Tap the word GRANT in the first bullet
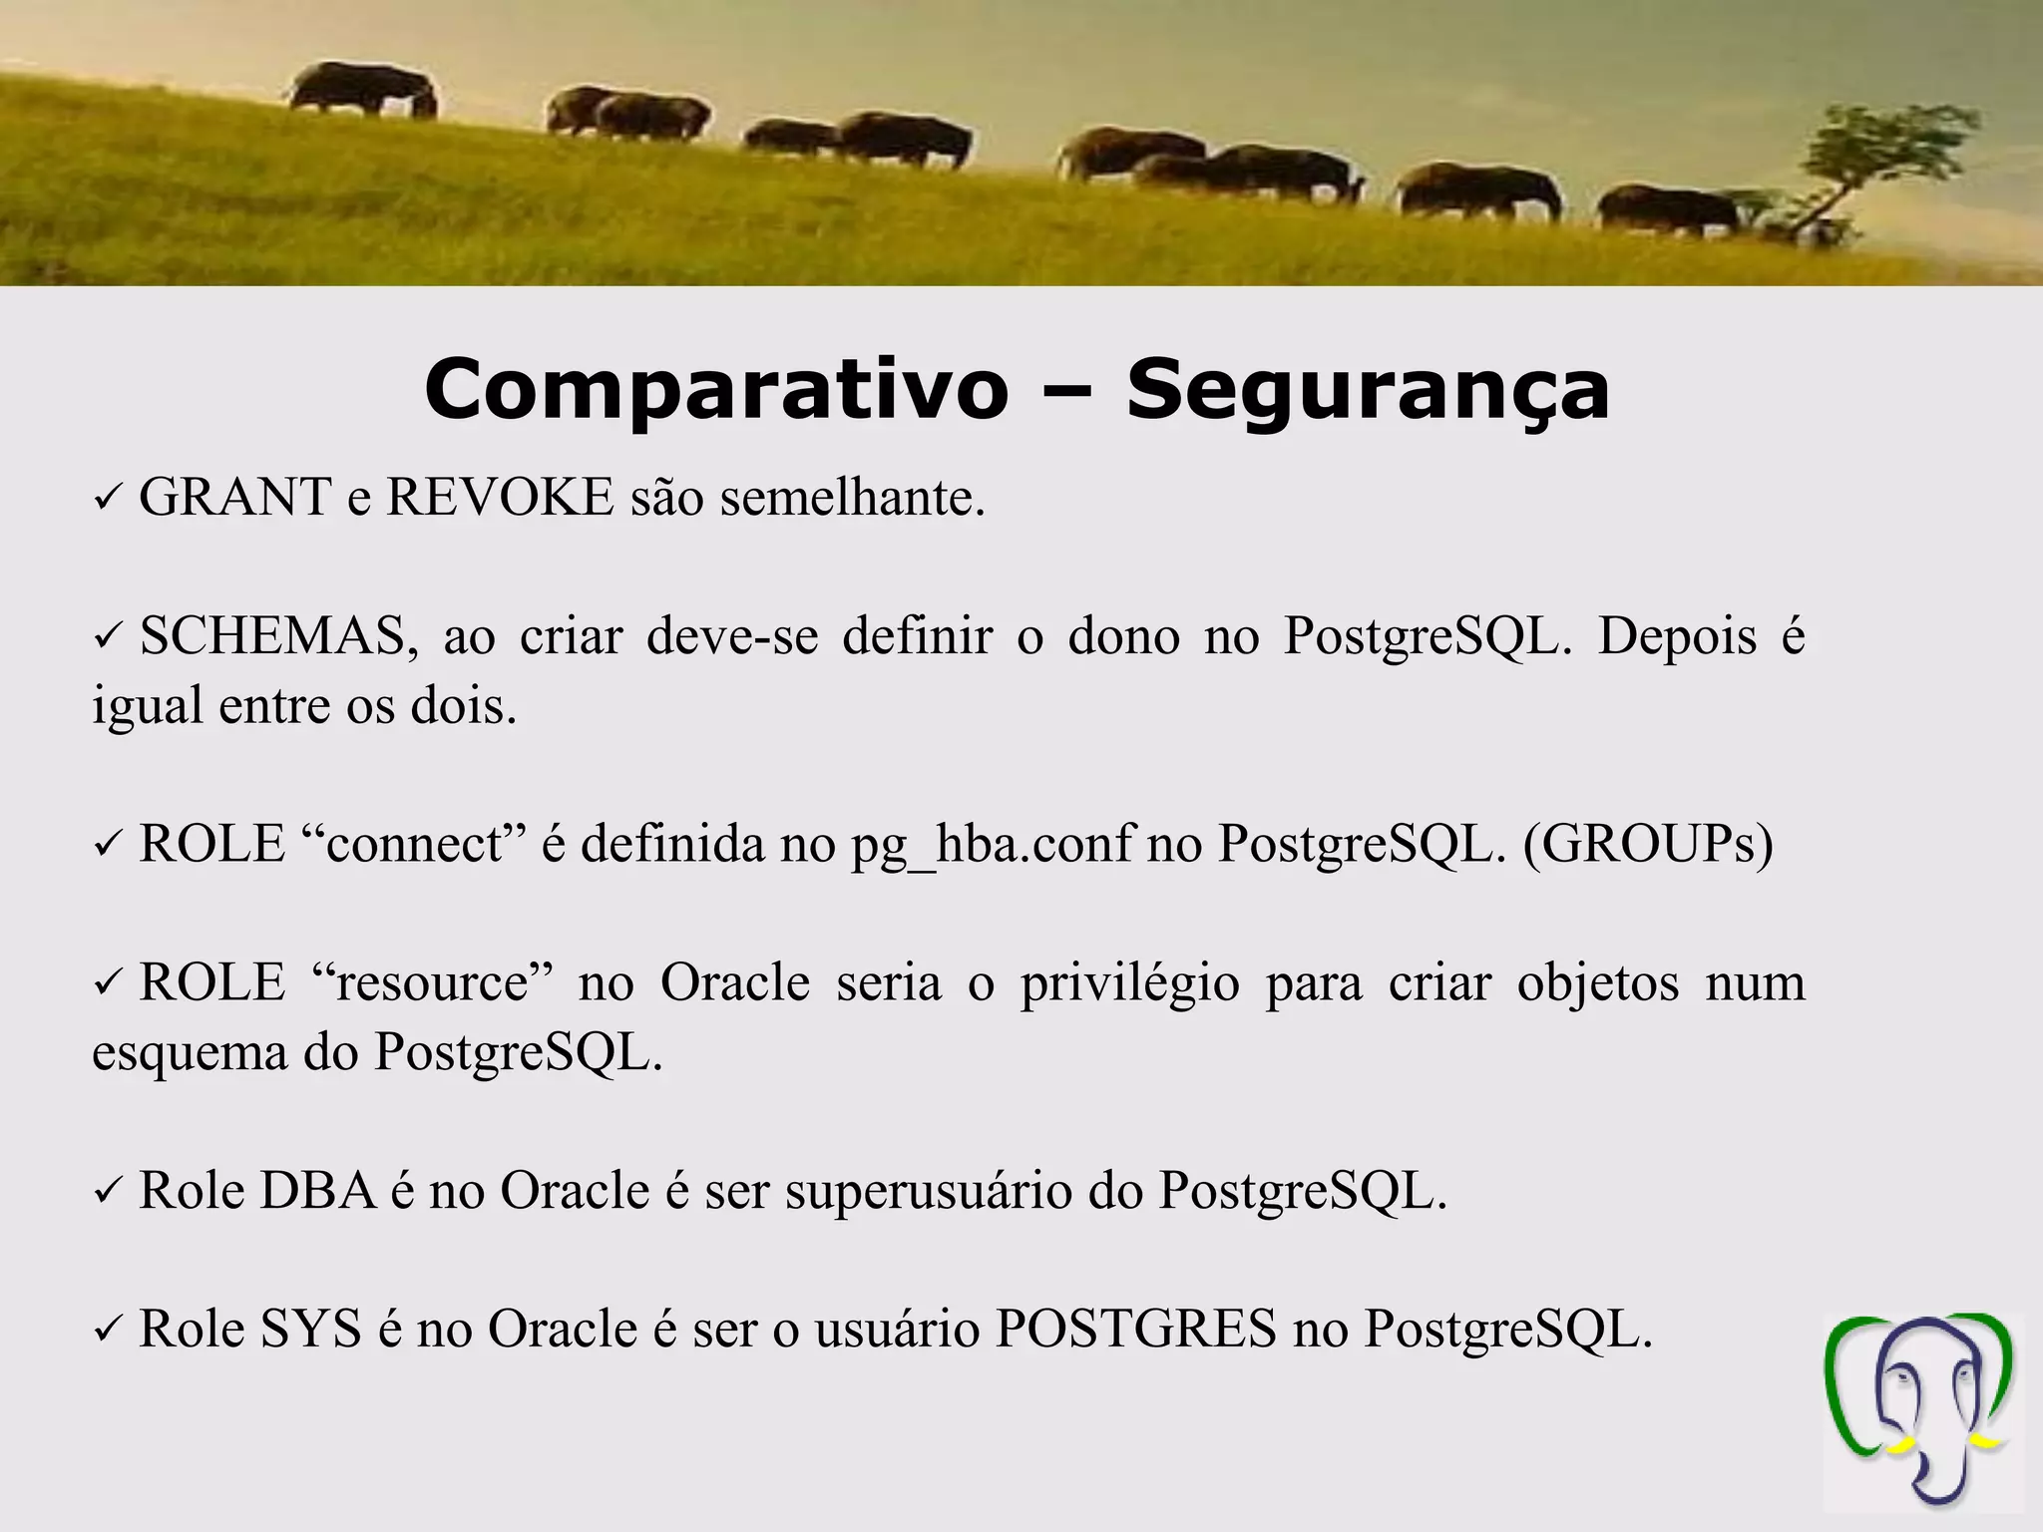point(235,497)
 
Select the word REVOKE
point(500,497)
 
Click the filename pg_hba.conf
point(992,844)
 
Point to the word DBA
point(317,1190)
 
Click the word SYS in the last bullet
point(310,1329)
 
